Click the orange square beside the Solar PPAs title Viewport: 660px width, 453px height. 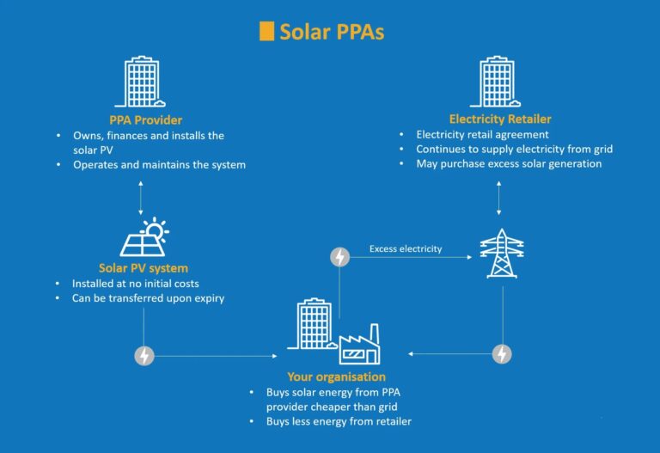coord(266,31)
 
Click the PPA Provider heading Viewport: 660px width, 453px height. coord(145,120)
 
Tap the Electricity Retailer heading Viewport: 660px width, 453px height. coord(500,119)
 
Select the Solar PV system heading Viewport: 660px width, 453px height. coord(144,268)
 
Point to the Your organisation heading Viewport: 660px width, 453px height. coord(336,376)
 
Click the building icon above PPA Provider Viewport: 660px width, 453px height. coord(140,82)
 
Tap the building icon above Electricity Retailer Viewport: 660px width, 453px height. coord(495,82)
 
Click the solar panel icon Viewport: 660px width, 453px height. coord(144,237)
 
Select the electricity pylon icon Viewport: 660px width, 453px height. coord(502,253)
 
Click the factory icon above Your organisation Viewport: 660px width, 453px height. coord(360,344)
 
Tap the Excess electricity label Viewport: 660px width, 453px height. coord(406,248)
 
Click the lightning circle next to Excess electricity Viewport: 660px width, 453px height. coord(340,257)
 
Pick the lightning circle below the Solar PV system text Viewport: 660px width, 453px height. coord(144,356)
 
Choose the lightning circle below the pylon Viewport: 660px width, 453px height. coord(502,354)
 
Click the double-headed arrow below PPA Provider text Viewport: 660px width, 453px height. coord(141,198)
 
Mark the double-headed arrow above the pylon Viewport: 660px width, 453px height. coord(498,198)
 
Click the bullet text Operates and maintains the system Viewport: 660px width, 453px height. coord(160,165)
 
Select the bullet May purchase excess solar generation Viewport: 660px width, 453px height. coord(509,164)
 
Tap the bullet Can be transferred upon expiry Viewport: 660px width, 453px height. coord(148,298)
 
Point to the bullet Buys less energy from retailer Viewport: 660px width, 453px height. coord(339,421)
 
